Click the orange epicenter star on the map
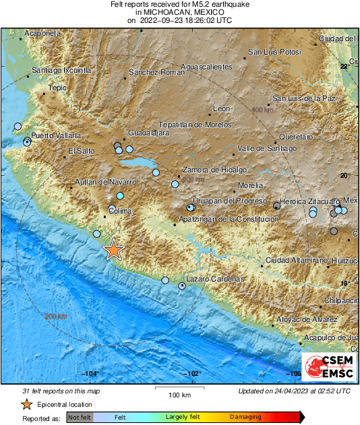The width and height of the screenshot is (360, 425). (114, 250)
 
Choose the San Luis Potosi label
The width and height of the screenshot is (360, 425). (274, 52)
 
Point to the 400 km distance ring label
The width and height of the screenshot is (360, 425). (262, 110)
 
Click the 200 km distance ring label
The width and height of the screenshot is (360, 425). (56, 317)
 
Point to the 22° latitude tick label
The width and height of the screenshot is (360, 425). (344, 66)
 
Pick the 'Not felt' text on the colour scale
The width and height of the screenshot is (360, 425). (79, 418)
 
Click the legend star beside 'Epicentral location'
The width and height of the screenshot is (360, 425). (26, 405)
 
